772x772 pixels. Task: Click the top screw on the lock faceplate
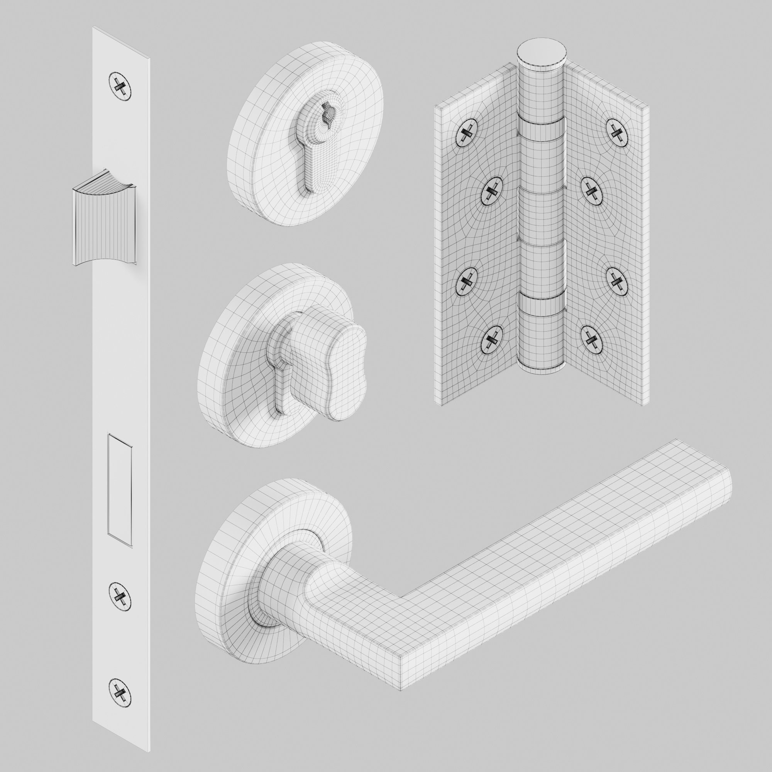120,84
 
